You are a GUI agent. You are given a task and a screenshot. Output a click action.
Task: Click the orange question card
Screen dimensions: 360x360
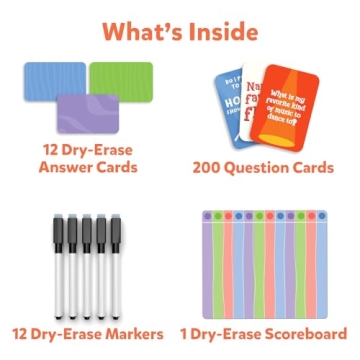(x=296, y=105)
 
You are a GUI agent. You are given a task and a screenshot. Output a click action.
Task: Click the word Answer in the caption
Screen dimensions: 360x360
(x=62, y=168)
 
